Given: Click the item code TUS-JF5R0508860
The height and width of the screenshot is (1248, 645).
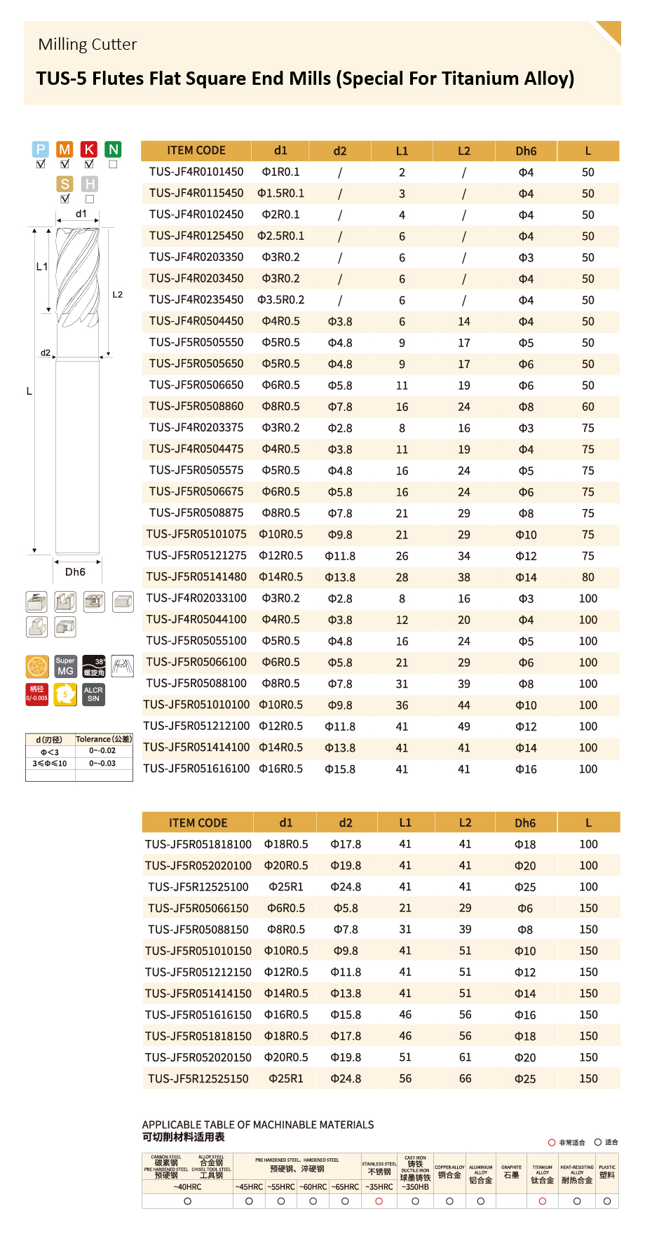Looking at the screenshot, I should [x=196, y=407].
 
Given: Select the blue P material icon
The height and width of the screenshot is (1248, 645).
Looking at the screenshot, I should [x=41, y=149].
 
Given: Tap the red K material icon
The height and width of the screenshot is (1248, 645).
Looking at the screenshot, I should [x=89, y=149].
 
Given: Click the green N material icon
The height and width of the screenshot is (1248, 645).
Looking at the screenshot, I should [x=113, y=149].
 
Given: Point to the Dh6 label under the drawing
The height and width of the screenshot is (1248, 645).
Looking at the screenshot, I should [x=75, y=572].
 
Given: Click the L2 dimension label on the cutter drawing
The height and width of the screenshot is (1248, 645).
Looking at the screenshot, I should [x=118, y=294].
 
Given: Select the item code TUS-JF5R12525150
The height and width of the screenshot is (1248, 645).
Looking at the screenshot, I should [x=198, y=1079].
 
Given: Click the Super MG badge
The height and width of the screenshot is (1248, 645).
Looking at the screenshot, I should [x=65, y=666].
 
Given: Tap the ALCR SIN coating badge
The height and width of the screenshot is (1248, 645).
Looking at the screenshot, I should [x=93, y=695].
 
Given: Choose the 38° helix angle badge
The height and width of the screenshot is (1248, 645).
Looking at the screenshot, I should [x=94, y=666].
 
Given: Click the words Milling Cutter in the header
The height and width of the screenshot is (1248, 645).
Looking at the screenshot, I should [x=88, y=45].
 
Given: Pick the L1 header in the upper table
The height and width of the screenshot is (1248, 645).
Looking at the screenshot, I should [x=402, y=151].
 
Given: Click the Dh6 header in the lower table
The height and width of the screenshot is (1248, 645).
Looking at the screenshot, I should [x=525, y=823].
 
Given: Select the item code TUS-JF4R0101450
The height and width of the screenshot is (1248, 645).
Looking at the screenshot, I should [x=196, y=172].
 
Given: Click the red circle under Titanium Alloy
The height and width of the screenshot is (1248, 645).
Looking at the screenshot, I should [x=542, y=1201].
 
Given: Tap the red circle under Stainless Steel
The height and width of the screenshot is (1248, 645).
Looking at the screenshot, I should [x=379, y=1201].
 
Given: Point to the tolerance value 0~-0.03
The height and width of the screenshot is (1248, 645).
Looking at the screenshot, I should [x=102, y=764].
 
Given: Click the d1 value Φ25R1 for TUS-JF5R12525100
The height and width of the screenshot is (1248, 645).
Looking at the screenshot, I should [x=286, y=887].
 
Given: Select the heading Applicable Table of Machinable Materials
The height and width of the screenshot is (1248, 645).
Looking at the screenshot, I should [x=258, y=1125].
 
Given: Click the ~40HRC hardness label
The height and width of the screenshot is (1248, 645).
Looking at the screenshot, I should [x=187, y=1187].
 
